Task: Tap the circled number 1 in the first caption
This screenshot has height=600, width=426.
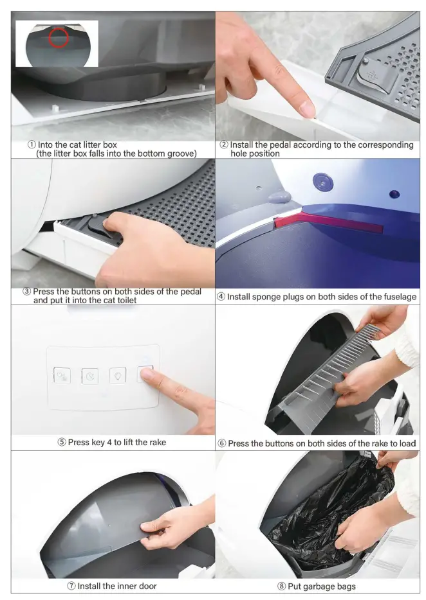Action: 32,145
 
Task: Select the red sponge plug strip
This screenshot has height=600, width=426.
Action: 328,224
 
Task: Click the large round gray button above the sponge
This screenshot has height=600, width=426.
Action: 320,182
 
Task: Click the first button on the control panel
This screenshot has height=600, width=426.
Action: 62,376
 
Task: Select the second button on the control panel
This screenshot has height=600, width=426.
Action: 90,376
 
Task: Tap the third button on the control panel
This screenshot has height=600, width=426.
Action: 118,375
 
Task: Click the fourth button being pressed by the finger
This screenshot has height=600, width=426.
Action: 145,374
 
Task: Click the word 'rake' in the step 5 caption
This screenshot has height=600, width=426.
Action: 156,442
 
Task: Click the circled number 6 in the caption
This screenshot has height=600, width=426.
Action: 222,443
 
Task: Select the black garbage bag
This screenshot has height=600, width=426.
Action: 328,514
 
